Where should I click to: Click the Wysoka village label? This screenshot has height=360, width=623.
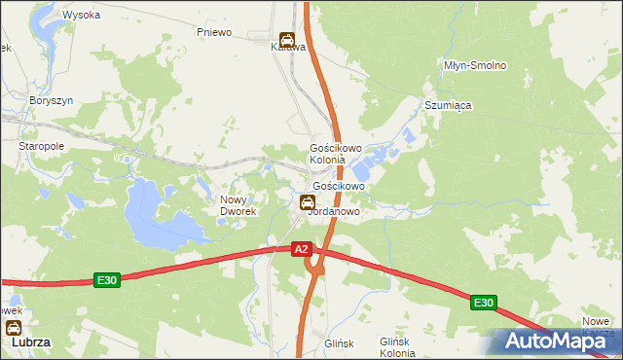point(82,15)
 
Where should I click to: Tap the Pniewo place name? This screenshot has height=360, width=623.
point(214,32)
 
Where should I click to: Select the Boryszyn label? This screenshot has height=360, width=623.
point(52,100)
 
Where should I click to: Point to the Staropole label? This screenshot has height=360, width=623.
point(42,145)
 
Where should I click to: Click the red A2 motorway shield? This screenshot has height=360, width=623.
point(302,250)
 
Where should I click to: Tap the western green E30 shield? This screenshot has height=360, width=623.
point(107,280)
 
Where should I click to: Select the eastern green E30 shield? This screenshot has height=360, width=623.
point(484,304)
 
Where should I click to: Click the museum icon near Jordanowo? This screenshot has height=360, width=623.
point(308,202)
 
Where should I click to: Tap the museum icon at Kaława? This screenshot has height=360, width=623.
point(286,40)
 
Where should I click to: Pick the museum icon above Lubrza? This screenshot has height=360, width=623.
point(14,328)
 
